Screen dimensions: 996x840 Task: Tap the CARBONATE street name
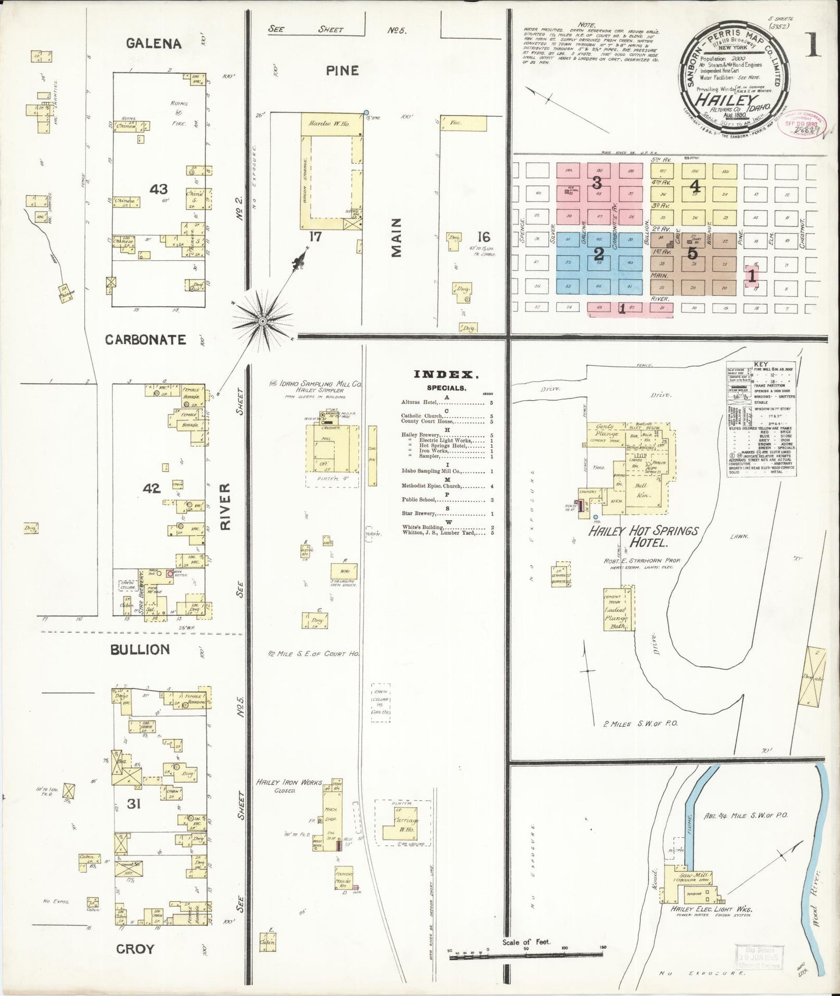pos(145,340)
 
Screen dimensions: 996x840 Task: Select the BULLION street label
pos(140,649)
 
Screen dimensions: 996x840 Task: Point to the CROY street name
pos(135,949)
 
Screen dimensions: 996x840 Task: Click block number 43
pos(158,189)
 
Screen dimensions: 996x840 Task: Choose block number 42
pos(152,489)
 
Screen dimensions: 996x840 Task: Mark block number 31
pos(135,804)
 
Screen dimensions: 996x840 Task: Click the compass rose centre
pos(263,321)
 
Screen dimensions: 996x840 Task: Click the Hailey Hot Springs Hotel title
pos(642,536)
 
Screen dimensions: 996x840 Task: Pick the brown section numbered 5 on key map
pos(692,253)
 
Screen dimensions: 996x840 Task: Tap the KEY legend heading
pos(760,365)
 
